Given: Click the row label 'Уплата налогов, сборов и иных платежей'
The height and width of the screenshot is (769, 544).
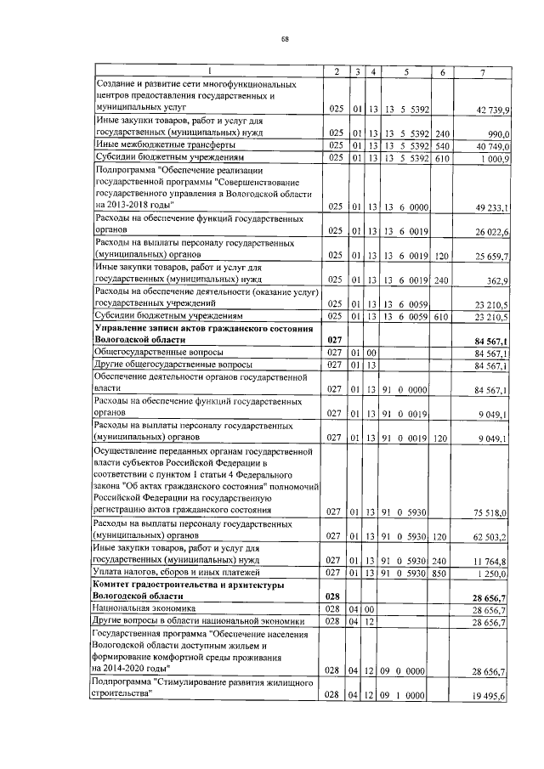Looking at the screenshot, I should [171, 574].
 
